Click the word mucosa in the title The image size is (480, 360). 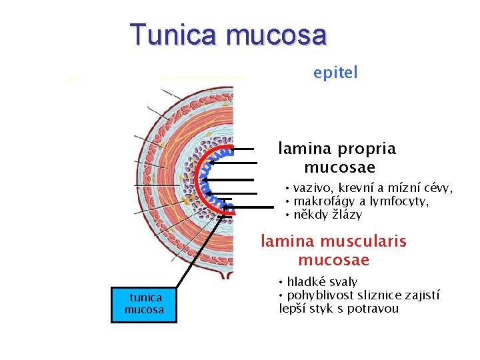click(x=277, y=34)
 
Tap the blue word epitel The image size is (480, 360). click(x=335, y=72)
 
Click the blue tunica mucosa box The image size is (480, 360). click(x=144, y=304)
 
